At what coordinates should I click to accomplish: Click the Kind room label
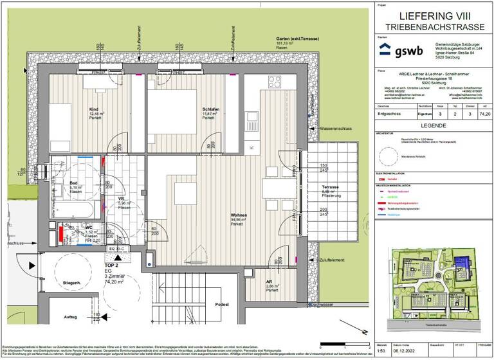coord(94,109)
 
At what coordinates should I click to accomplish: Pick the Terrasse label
coord(331,187)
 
